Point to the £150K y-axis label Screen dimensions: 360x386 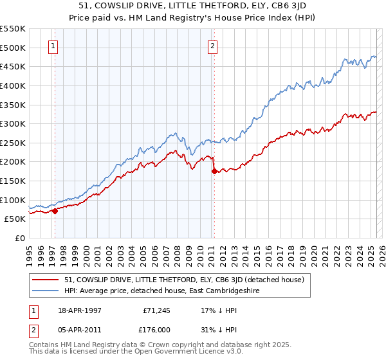click(x=13, y=181)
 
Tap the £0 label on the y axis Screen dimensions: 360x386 click(x=21, y=238)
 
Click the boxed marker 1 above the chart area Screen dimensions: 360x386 click(x=53, y=46)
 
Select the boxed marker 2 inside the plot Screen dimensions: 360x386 click(x=212, y=46)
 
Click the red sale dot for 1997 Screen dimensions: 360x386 click(x=55, y=210)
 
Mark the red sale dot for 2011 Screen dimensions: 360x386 click(x=214, y=171)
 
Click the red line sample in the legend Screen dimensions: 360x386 click(x=46, y=280)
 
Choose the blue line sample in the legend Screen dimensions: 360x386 click(x=46, y=291)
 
